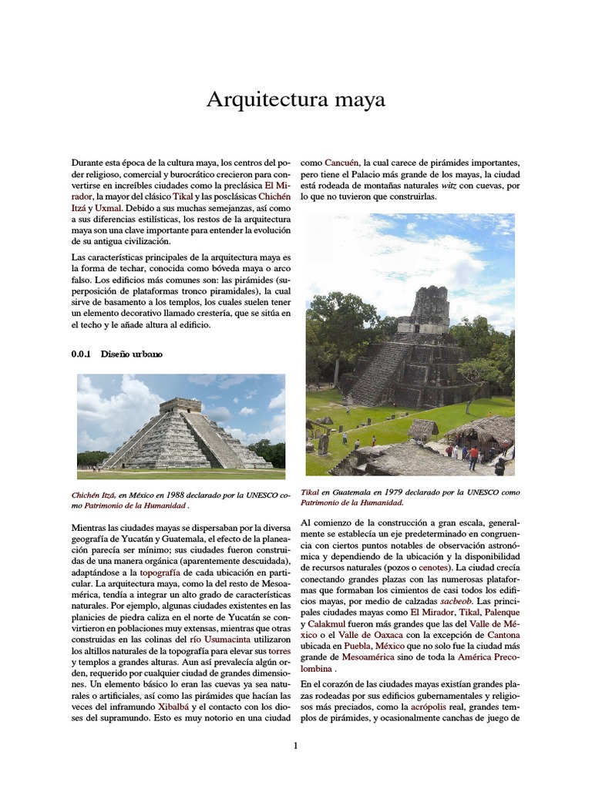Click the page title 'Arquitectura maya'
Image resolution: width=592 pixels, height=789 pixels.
point(296,100)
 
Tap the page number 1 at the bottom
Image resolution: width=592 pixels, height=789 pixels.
point(295,746)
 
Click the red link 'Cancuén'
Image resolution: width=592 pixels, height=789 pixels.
point(341,163)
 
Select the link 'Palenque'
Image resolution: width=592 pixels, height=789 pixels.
point(498,613)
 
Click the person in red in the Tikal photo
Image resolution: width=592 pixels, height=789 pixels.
point(473,455)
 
